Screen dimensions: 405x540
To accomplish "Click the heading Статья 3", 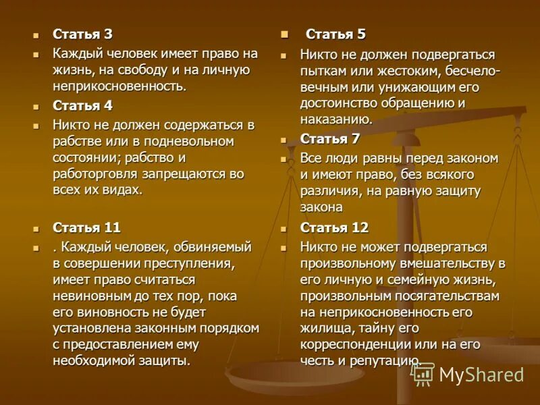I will tap(83, 34).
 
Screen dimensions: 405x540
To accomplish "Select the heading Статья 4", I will tap(83, 106).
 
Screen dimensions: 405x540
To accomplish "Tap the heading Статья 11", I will tap(87, 227).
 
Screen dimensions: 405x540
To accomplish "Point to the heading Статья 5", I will tap(335, 34).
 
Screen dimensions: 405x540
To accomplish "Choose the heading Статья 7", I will tap(330, 139).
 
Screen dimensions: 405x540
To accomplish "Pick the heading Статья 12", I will tap(334, 227).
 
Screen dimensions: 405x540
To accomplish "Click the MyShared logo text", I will tap(481, 375).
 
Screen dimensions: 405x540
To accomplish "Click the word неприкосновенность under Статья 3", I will tap(119, 86).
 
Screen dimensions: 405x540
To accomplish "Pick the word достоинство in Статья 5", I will tap(343, 103).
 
